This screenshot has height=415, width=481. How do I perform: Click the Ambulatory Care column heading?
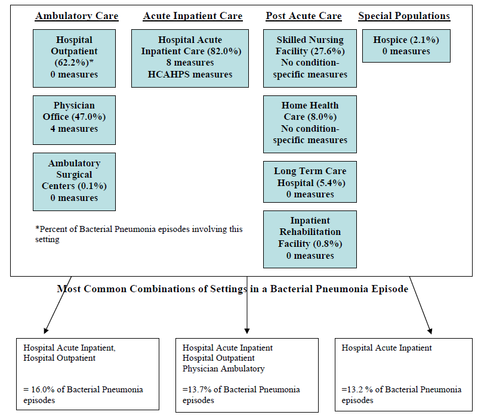(x=77, y=16)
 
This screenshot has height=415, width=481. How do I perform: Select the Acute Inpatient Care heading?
(x=193, y=16)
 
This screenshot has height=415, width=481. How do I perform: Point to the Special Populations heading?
(x=404, y=16)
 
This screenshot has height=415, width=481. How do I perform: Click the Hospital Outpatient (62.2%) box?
(x=75, y=57)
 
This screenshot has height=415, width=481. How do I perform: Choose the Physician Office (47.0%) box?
(x=75, y=117)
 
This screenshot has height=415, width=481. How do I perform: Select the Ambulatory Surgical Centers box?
(x=75, y=181)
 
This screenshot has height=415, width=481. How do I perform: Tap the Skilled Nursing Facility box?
(x=310, y=57)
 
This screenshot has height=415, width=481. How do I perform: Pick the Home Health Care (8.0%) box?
(x=310, y=123)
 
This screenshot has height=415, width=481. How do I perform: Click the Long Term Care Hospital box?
(x=310, y=182)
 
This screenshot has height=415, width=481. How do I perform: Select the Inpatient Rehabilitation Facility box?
(x=310, y=239)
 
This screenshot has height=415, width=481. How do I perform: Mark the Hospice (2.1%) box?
(x=406, y=46)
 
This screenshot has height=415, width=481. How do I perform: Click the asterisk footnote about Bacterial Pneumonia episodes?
(x=138, y=234)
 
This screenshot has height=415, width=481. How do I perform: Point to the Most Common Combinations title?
(x=233, y=289)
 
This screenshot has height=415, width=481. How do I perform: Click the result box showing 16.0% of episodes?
(x=88, y=374)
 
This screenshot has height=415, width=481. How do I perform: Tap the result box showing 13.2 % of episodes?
(x=406, y=374)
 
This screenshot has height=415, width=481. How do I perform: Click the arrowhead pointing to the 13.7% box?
(x=247, y=330)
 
